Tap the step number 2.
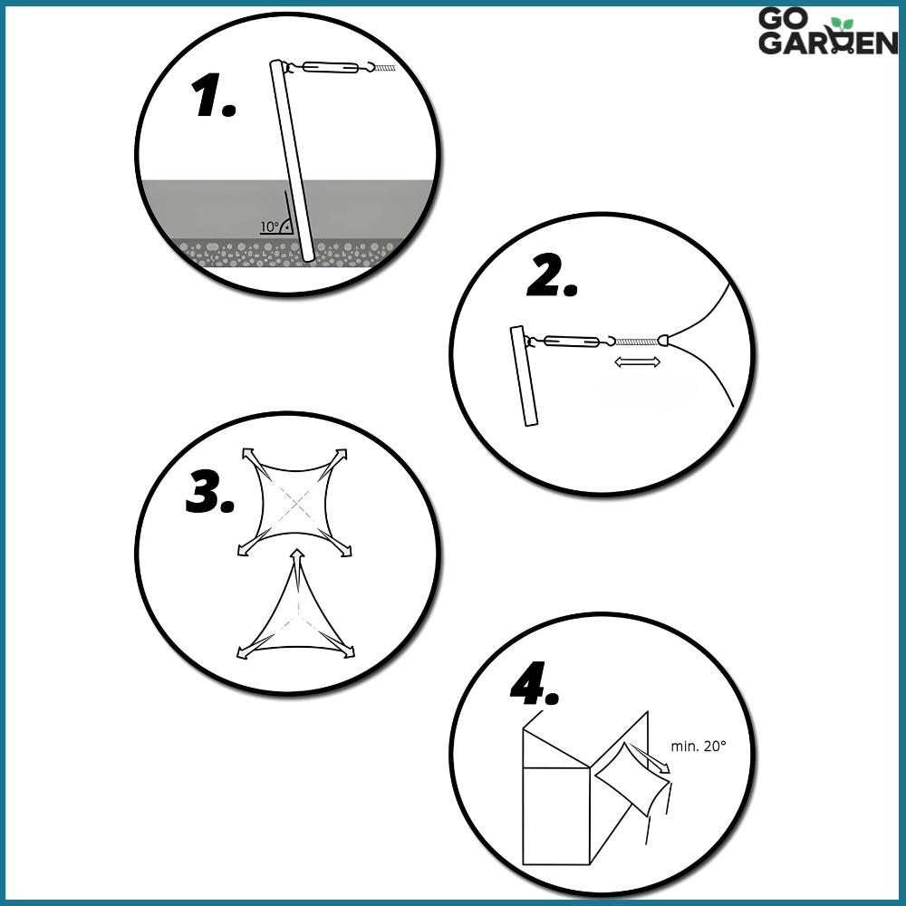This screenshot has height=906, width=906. [x=552, y=280]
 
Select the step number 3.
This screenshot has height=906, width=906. [x=210, y=495]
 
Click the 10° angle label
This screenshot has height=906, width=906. [x=269, y=226]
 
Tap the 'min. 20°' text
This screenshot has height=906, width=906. [x=699, y=747]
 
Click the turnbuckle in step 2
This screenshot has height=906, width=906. [x=570, y=342]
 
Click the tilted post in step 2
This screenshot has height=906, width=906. [x=524, y=376]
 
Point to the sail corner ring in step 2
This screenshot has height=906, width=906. [x=665, y=342]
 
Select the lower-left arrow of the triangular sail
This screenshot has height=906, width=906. [x=246, y=651]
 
